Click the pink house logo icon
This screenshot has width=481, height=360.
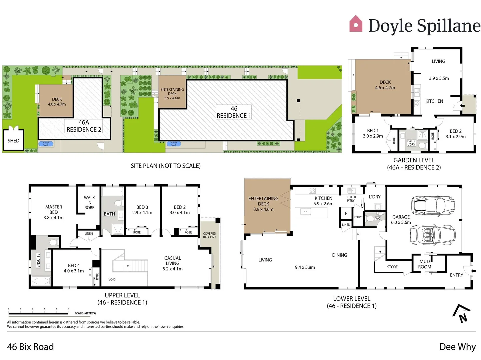[x=356, y=24]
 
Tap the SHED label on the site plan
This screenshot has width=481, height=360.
[x=13, y=141]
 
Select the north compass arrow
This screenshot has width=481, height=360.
[x=462, y=314]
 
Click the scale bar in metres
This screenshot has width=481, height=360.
[x=38, y=313]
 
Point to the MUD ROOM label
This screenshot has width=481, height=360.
[x=425, y=264]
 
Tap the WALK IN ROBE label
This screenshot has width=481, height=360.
[x=89, y=203]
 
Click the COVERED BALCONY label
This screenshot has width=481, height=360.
[x=209, y=235]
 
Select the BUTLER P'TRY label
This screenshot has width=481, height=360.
[x=351, y=199]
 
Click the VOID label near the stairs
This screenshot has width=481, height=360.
[x=112, y=279]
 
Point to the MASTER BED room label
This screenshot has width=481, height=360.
[x=54, y=212]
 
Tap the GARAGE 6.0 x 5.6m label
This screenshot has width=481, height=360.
[x=401, y=219]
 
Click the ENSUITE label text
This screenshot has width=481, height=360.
[x=38, y=260]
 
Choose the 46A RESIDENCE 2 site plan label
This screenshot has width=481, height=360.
[x=84, y=126]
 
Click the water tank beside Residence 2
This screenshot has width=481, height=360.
[x=46, y=144]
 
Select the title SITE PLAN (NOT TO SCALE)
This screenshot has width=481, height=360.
[x=166, y=166]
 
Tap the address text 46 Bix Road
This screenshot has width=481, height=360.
[x=30, y=347]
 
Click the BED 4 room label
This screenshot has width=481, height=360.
[x=74, y=268]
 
